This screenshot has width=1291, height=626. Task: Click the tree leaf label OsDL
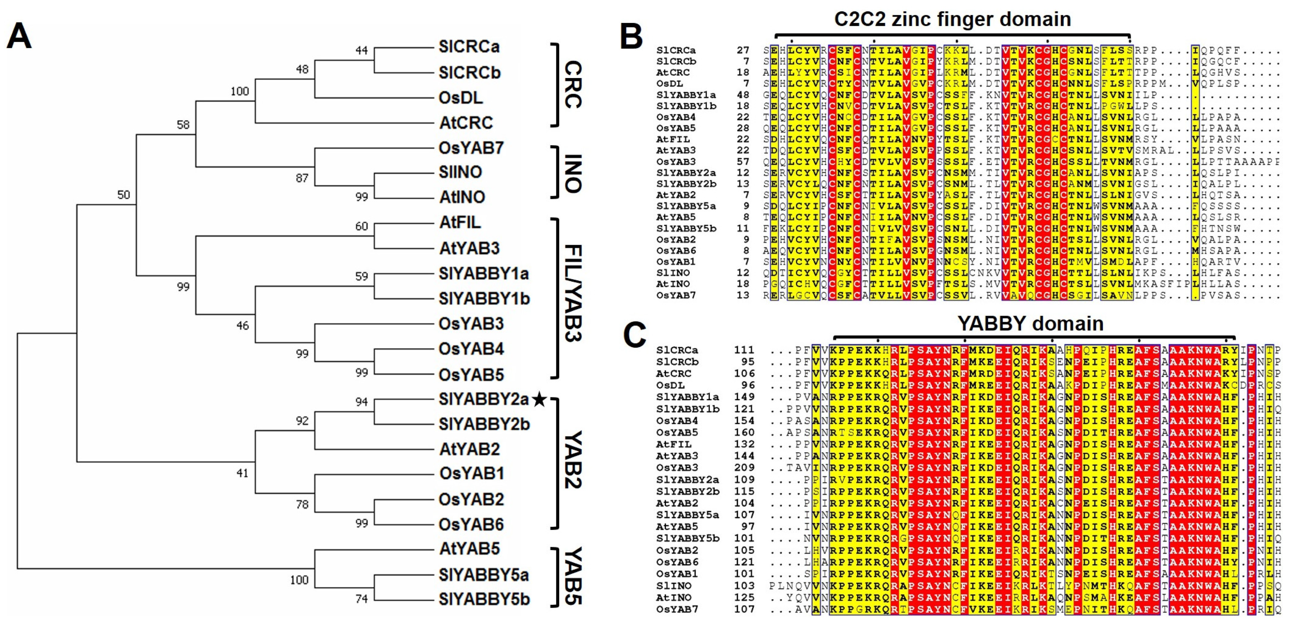[461, 97]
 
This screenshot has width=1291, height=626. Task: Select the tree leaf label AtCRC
[466, 122]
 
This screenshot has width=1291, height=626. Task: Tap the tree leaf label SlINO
[460, 172]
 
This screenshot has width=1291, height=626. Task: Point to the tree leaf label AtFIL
[460, 222]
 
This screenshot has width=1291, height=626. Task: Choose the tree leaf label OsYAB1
[471, 473]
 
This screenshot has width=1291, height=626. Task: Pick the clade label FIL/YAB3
[573, 293]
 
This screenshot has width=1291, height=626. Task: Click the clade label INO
[573, 173]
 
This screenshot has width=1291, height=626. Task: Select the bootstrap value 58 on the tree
[183, 124]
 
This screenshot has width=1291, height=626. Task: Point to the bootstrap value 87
[302, 178]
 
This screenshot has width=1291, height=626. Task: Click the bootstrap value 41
[242, 473]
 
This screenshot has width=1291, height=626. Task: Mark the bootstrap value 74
[361, 598]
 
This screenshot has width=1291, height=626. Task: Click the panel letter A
[19, 36]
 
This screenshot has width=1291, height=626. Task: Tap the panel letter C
[634, 335]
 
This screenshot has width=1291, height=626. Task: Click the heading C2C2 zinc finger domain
[952, 19]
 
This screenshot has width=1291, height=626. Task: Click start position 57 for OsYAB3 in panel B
[743, 161]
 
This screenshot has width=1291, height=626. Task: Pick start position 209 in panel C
[744, 468]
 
